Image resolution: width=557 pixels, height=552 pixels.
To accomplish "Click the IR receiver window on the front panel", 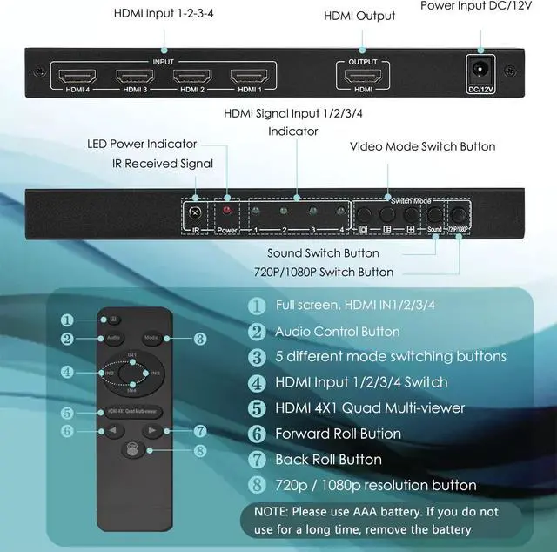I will pyautogui.click(x=196, y=212).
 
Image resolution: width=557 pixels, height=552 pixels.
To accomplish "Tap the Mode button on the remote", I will pyautogui.click(x=151, y=338).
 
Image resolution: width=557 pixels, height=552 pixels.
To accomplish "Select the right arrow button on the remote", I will pyautogui.click(x=151, y=430).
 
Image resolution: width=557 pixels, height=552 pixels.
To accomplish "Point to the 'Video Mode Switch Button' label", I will pyautogui.click(x=422, y=146).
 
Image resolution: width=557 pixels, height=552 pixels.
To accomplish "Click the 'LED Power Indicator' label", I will pyautogui.click(x=142, y=144).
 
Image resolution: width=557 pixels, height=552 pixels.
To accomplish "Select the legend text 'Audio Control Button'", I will pyautogui.click(x=337, y=332).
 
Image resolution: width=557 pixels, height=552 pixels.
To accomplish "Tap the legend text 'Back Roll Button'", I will pyautogui.click(x=326, y=459).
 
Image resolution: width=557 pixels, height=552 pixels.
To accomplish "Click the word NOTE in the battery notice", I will pyautogui.click(x=272, y=511).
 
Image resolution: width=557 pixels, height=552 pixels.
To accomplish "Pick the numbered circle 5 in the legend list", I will pyautogui.click(x=257, y=407).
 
